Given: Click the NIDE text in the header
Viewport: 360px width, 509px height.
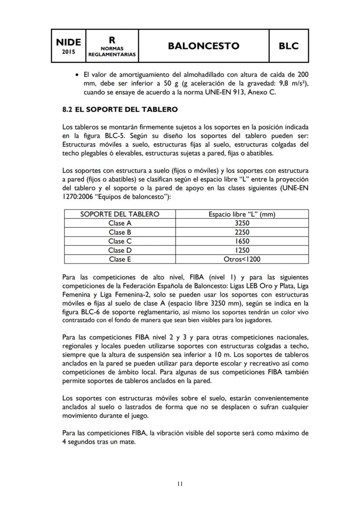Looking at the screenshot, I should click(68, 42).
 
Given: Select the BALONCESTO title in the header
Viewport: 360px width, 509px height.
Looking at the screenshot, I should click(204, 46).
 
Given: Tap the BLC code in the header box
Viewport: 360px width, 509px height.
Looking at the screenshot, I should click(289, 46).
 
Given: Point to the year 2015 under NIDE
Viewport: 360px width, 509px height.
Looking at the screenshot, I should click(68, 52).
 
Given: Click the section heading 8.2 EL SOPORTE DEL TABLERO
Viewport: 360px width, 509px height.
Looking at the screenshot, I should click(120, 110).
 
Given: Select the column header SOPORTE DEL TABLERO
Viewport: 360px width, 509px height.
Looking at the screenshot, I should click(120, 214).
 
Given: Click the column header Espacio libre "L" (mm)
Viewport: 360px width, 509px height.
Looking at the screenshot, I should click(242, 214).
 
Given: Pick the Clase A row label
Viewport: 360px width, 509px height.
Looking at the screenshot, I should click(120, 223).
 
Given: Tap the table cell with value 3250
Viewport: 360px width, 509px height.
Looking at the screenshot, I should click(242, 223).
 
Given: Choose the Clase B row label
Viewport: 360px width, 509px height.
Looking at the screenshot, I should click(120, 232).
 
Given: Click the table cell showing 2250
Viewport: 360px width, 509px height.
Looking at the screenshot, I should click(242, 232).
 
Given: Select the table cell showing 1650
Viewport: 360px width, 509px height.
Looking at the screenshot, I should click(242, 241).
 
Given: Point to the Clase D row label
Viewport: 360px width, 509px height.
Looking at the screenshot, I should click(120, 250).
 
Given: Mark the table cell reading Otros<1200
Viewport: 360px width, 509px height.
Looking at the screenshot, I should click(242, 259).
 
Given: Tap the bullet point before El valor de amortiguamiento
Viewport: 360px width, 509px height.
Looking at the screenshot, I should click(77, 74).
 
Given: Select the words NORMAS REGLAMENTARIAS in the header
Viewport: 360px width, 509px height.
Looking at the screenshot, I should click(112, 52).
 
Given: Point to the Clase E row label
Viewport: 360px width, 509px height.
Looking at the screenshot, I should click(120, 259).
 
